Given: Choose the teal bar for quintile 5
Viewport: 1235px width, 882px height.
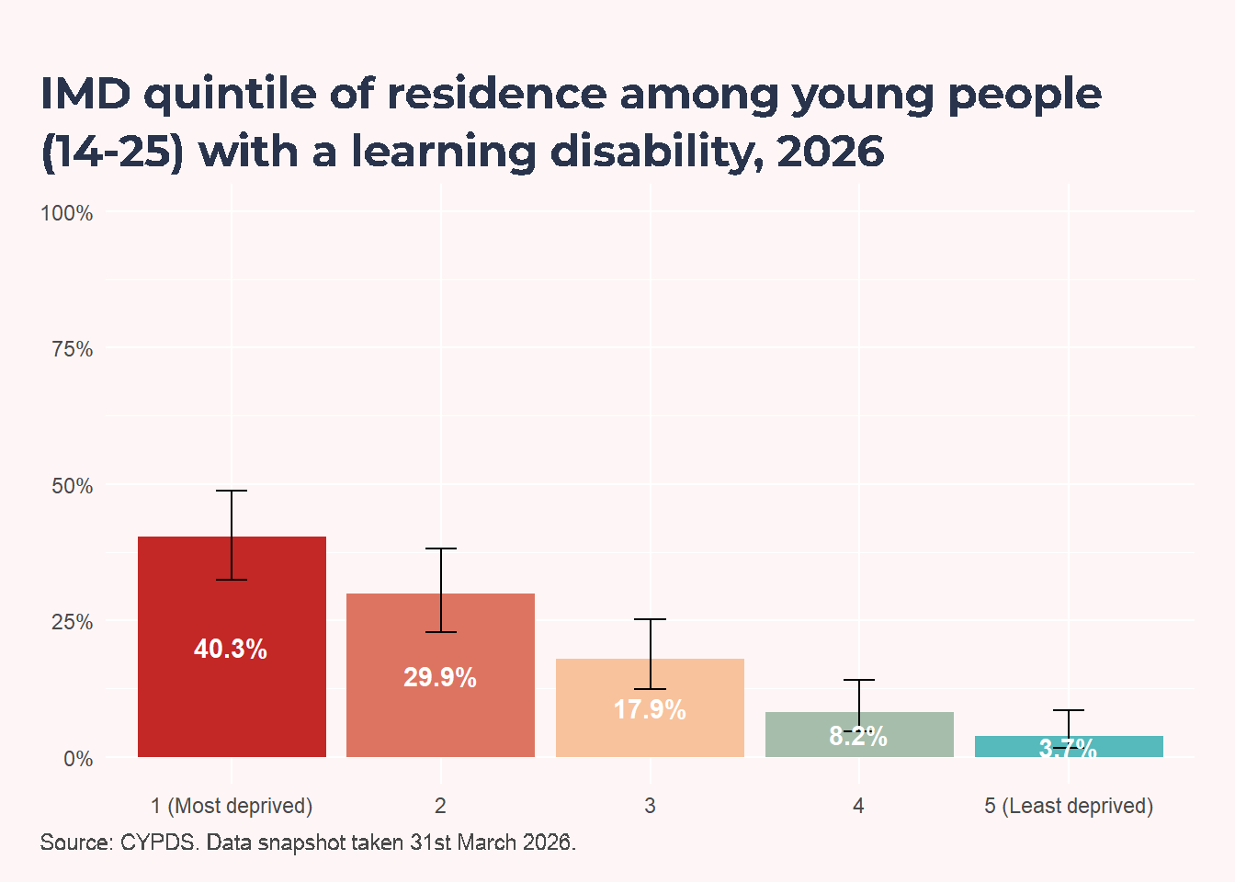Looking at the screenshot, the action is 1069,746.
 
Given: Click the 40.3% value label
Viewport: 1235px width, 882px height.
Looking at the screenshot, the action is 231,649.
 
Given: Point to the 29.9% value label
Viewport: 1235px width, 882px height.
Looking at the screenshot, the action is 440,677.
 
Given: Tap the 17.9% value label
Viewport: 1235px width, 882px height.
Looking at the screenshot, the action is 650,709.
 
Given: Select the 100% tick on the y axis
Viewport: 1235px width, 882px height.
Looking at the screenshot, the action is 67,213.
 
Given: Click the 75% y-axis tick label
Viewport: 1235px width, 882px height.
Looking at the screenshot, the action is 73,349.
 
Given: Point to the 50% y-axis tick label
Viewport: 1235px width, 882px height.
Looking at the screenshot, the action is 73,486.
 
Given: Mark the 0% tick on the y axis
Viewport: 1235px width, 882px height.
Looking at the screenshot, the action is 78,759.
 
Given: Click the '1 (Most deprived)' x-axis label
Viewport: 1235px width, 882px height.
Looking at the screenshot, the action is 232,806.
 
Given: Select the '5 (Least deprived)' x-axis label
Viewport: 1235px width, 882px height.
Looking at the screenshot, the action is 1069,806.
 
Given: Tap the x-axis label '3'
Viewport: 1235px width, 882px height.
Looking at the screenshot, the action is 650,806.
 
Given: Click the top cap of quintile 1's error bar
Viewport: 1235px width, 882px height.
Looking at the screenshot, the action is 232,491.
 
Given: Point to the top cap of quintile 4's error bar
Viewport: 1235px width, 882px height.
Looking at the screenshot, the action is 859,680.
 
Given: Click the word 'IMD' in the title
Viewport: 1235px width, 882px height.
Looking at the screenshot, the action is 86,94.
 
